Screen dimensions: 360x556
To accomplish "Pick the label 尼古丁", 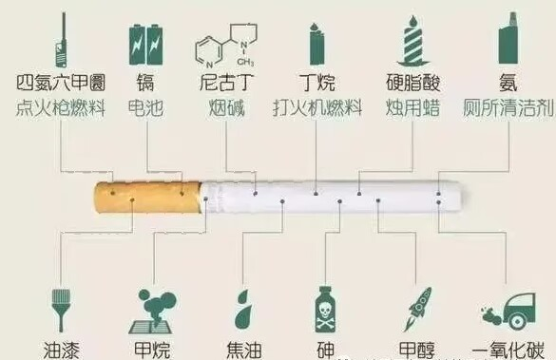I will (x=225, y=84).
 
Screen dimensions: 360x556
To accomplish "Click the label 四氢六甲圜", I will (x=60, y=84).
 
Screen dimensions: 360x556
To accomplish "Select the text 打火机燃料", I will (x=317, y=107).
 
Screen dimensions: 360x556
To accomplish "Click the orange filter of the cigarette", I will (x=147, y=199).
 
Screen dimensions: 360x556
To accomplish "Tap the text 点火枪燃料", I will (x=60, y=107).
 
